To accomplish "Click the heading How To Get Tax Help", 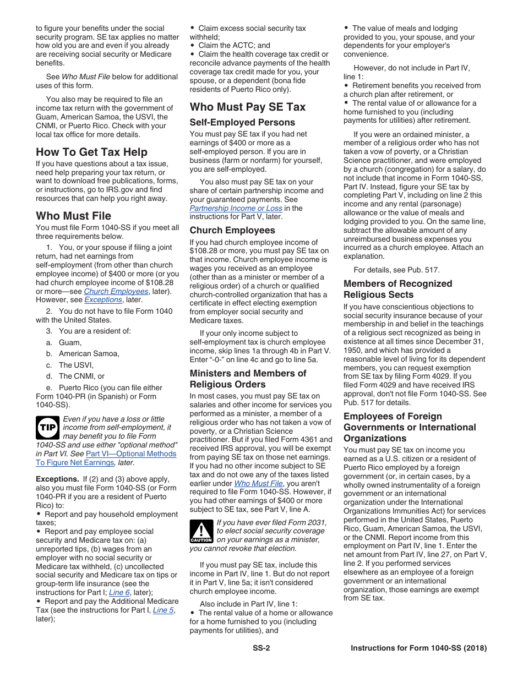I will pyautogui.click(x=91, y=152).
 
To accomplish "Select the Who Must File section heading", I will pyautogui.click(x=73, y=216).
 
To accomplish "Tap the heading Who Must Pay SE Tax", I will pyautogui.click(x=247, y=107).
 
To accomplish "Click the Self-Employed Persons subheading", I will pyautogui.click(x=242, y=122).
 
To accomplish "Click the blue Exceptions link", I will pyautogui.click(x=103, y=300).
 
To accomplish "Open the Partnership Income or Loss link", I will pyautogui.click(x=236, y=209).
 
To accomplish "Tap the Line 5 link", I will pyautogui.click(x=164, y=610).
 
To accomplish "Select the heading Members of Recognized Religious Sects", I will pyautogui.click(x=397, y=289).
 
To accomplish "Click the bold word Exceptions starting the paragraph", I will pyautogui.click(x=57, y=479).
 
